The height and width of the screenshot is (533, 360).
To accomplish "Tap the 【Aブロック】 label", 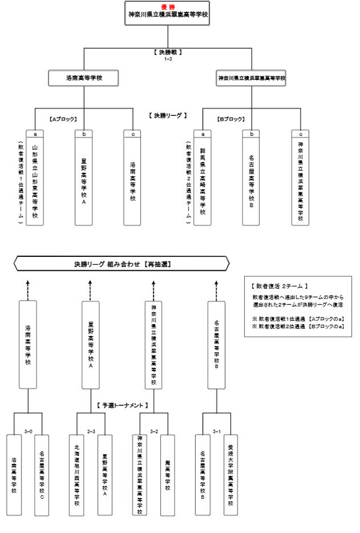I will (x=62, y=118).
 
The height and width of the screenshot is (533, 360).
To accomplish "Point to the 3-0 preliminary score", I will (x=28, y=430).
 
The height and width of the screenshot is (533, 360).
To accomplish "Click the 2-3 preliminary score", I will (x=91, y=430).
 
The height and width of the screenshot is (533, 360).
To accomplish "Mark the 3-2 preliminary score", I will (x=154, y=430).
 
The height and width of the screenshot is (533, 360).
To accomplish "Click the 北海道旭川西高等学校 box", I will (x=76, y=477).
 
